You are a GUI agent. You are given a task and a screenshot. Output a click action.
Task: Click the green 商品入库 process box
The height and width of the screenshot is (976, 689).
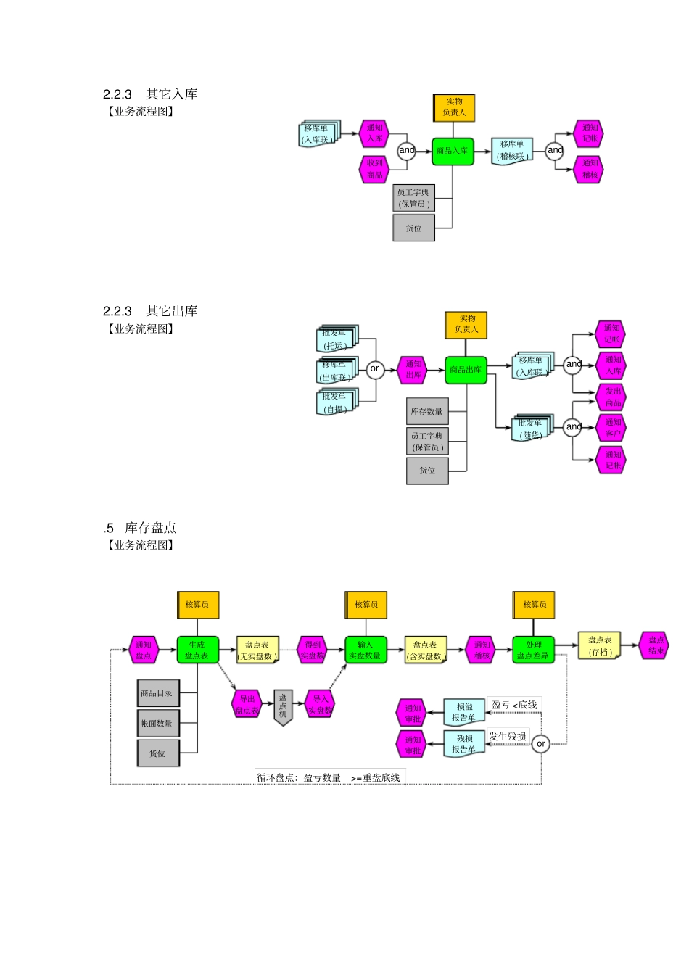click(453, 151)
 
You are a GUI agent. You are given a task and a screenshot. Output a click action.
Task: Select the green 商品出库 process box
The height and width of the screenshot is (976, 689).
click(466, 370)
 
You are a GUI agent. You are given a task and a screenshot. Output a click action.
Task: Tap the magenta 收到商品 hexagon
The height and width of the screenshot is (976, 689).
click(374, 169)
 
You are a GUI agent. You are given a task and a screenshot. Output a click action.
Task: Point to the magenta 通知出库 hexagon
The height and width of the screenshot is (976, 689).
click(413, 370)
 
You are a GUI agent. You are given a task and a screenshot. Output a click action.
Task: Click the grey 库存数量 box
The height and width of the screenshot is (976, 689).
click(427, 411)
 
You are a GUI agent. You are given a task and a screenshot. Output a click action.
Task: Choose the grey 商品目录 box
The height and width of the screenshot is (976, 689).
click(157, 693)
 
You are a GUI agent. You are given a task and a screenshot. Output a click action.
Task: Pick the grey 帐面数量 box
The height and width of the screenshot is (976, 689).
click(157, 723)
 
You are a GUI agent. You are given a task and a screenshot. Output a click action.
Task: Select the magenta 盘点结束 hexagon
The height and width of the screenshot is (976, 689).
click(655, 645)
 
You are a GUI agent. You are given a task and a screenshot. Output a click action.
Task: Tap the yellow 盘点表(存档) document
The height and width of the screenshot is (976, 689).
click(599, 645)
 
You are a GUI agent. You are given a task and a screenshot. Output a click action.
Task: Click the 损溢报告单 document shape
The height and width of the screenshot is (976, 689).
click(463, 712)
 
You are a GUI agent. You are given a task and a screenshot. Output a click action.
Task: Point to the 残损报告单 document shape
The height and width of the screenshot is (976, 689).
click(464, 743)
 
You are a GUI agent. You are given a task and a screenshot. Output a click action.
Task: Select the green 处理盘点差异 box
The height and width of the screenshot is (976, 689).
click(533, 650)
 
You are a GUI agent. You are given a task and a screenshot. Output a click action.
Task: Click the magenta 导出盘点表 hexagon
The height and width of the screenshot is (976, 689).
click(247, 704)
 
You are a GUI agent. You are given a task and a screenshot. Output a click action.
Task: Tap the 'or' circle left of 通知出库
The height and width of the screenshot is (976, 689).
click(374, 369)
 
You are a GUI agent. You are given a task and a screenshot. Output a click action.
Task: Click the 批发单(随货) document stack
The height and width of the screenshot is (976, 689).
click(532, 429)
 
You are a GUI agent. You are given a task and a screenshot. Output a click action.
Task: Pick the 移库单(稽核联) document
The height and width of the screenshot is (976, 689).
click(511, 150)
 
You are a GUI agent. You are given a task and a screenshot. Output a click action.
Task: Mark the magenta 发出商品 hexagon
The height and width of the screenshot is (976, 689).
click(612, 397)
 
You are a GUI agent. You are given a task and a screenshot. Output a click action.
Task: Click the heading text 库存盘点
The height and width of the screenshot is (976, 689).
click(150, 528)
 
